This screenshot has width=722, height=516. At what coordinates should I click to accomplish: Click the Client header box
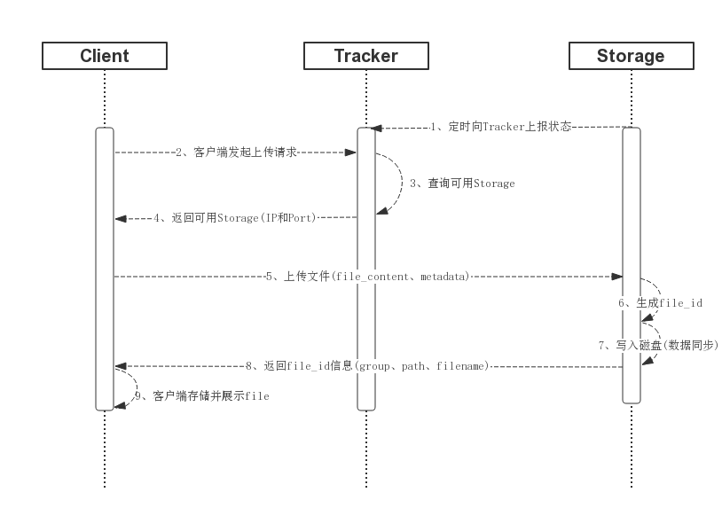pos(105,56)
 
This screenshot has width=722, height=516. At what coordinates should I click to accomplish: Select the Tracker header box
pos(366,56)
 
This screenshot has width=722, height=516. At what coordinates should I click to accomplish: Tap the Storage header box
pos(630,56)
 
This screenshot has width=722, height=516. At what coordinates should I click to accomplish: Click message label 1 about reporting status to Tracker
pos(500,128)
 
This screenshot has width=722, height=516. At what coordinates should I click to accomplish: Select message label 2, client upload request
pos(234,152)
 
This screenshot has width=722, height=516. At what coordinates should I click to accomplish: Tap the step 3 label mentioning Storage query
pos(461,184)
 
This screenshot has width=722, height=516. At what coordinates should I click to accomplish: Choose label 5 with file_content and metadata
pos(368,277)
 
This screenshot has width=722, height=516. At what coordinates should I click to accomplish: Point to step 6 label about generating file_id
pos(660,303)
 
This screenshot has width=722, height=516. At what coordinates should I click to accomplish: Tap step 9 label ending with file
pos(201,396)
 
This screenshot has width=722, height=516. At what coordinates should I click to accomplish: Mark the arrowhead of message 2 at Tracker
pos(351,152)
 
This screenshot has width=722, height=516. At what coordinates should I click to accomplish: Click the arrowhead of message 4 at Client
pos(121,218)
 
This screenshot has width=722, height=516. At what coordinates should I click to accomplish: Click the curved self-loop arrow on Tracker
pos(394,182)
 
